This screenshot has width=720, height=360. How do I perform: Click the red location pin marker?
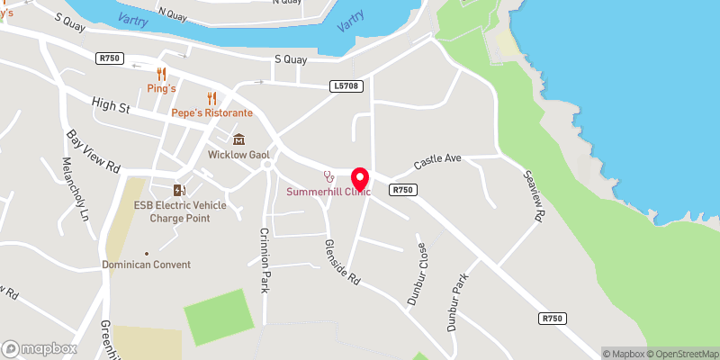361,178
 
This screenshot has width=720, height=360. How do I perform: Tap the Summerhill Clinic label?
328,192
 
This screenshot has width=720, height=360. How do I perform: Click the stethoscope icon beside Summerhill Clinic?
329,175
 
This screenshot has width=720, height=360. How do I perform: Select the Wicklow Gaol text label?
240,155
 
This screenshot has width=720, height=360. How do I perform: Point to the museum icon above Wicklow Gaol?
239,139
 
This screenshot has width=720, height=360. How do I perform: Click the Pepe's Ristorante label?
212,113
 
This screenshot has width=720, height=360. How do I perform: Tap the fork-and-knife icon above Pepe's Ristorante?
212,98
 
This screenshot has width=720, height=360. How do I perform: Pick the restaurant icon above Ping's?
162,74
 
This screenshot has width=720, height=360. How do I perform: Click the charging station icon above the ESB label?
180,189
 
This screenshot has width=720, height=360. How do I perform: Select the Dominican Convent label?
146,265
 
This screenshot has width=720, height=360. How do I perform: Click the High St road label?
111,105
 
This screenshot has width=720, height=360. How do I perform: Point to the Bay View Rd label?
94,151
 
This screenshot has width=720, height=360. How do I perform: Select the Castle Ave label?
437,162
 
